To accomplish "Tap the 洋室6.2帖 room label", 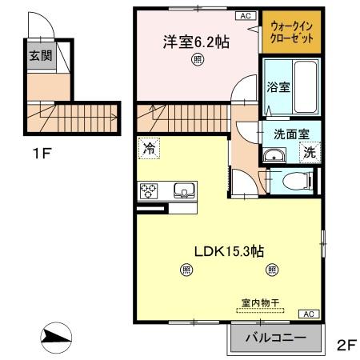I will [196, 41].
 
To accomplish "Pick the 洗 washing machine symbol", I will [308, 152].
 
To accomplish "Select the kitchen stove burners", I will [148, 190].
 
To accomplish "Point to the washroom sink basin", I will [274, 154].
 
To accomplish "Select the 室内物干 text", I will [259, 303].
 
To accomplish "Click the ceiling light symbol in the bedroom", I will [196, 60].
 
